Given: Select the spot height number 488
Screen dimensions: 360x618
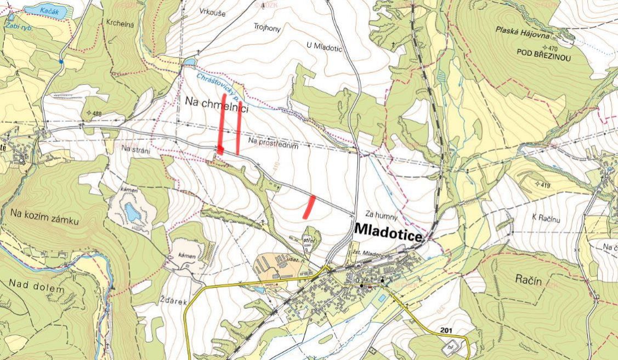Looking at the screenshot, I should click(97, 114).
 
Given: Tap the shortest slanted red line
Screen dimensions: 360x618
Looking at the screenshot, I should click(309, 207).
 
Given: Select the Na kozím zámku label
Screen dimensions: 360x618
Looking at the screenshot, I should click(44, 220).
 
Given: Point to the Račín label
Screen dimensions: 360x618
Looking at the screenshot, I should click(529, 281).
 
